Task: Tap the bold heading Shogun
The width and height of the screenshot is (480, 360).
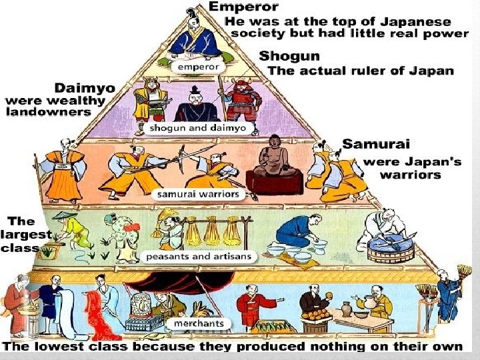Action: [x=289, y=56]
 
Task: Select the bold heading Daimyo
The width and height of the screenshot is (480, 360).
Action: [x=84, y=88]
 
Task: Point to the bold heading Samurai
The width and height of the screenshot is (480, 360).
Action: [x=377, y=144]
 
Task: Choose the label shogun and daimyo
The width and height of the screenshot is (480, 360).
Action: [x=189, y=127]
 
